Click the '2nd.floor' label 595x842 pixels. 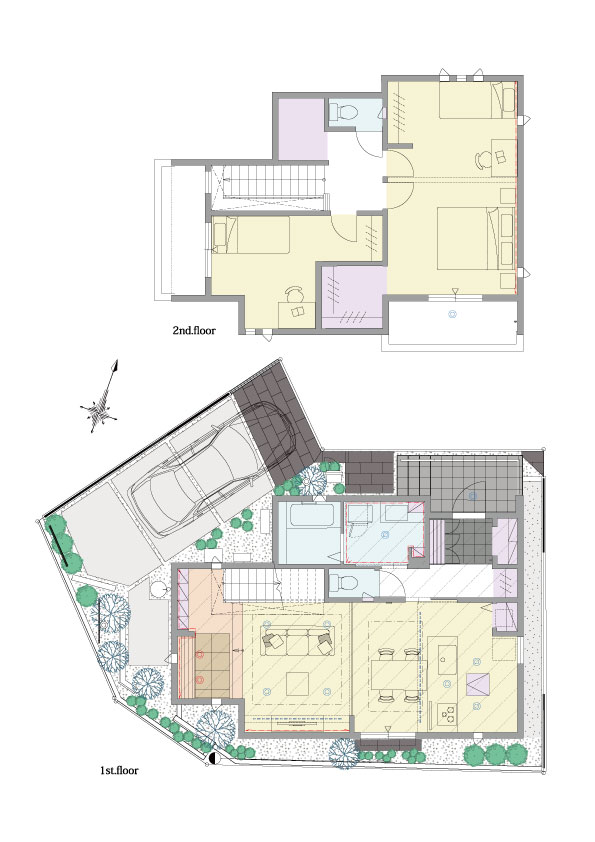click(194, 330)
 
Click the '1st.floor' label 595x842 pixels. click(119, 771)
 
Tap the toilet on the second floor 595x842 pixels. click(344, 112)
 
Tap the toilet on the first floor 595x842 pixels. click(342, 583)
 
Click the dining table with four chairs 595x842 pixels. click(397, 674)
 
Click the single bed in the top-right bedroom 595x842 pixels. click(477, 100)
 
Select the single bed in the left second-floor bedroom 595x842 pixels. click(251, 234)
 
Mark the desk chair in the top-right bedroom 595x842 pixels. click(483, 159)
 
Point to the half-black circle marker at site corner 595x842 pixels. click(213, 759)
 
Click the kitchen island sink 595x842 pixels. click(442, 655)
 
